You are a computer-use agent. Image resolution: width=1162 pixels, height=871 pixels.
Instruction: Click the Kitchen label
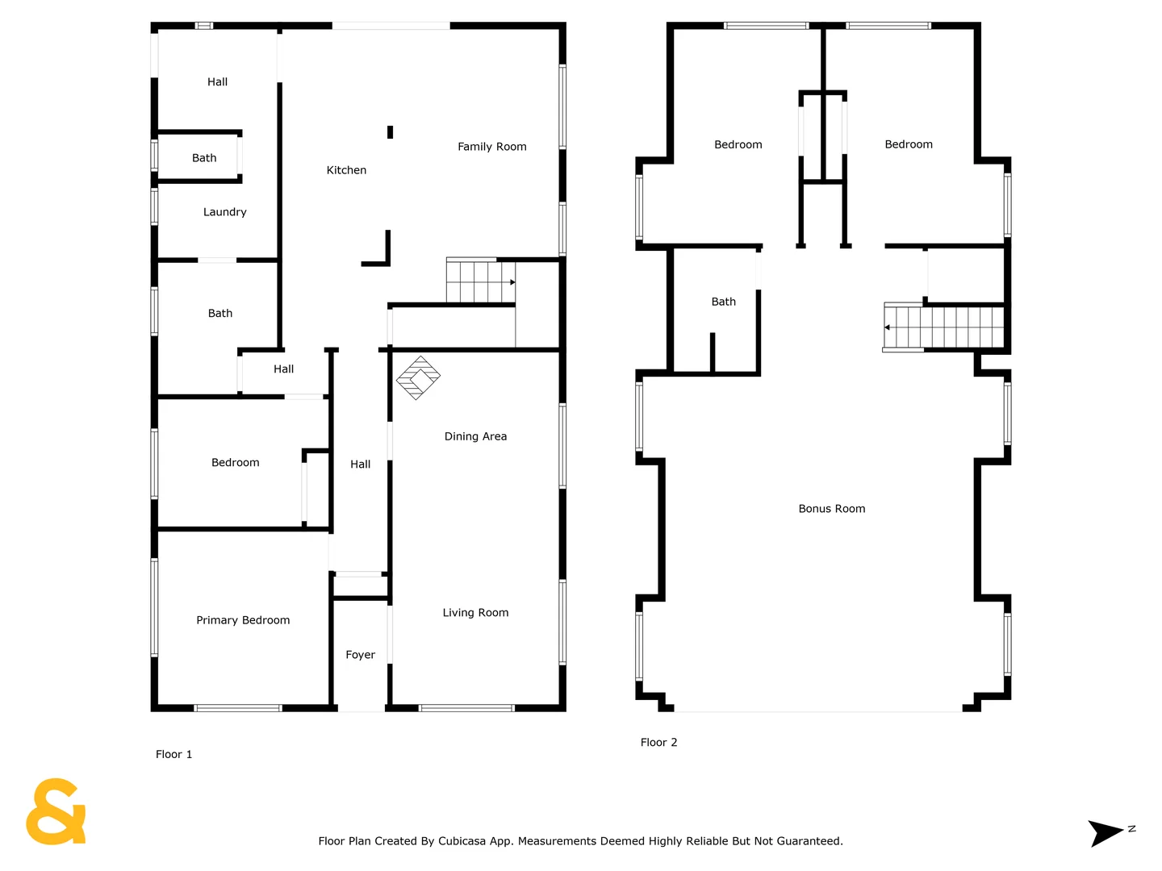coord(345,169)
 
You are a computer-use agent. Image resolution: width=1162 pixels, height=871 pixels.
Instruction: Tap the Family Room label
coord(491,147)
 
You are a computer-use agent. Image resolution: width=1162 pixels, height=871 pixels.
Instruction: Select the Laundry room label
coord(224,211)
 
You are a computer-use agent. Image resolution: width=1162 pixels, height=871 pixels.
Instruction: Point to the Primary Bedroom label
coord(242,620)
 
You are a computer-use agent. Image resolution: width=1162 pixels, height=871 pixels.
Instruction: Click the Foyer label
coord(360,654)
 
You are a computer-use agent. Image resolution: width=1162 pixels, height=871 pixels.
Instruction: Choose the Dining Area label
coord(474,435)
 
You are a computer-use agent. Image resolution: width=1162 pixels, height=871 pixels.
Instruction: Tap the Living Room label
coord(474,612)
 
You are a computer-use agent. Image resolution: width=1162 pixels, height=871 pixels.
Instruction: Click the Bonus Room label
coord(831,508)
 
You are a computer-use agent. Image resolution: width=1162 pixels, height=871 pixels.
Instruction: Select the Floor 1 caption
coord(173,754)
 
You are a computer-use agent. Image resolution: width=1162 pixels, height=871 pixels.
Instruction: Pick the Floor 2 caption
coord(658,742)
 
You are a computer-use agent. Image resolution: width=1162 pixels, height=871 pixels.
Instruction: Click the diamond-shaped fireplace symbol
coord(418,377)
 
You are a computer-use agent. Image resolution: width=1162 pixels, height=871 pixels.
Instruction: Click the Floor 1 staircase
coord(480,281)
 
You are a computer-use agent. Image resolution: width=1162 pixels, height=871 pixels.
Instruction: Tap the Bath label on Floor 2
coord(723,302)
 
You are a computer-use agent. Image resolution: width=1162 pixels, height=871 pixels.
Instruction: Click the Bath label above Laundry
coord(204,157)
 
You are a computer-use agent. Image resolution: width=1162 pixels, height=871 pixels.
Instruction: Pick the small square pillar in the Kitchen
coord(390,132)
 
